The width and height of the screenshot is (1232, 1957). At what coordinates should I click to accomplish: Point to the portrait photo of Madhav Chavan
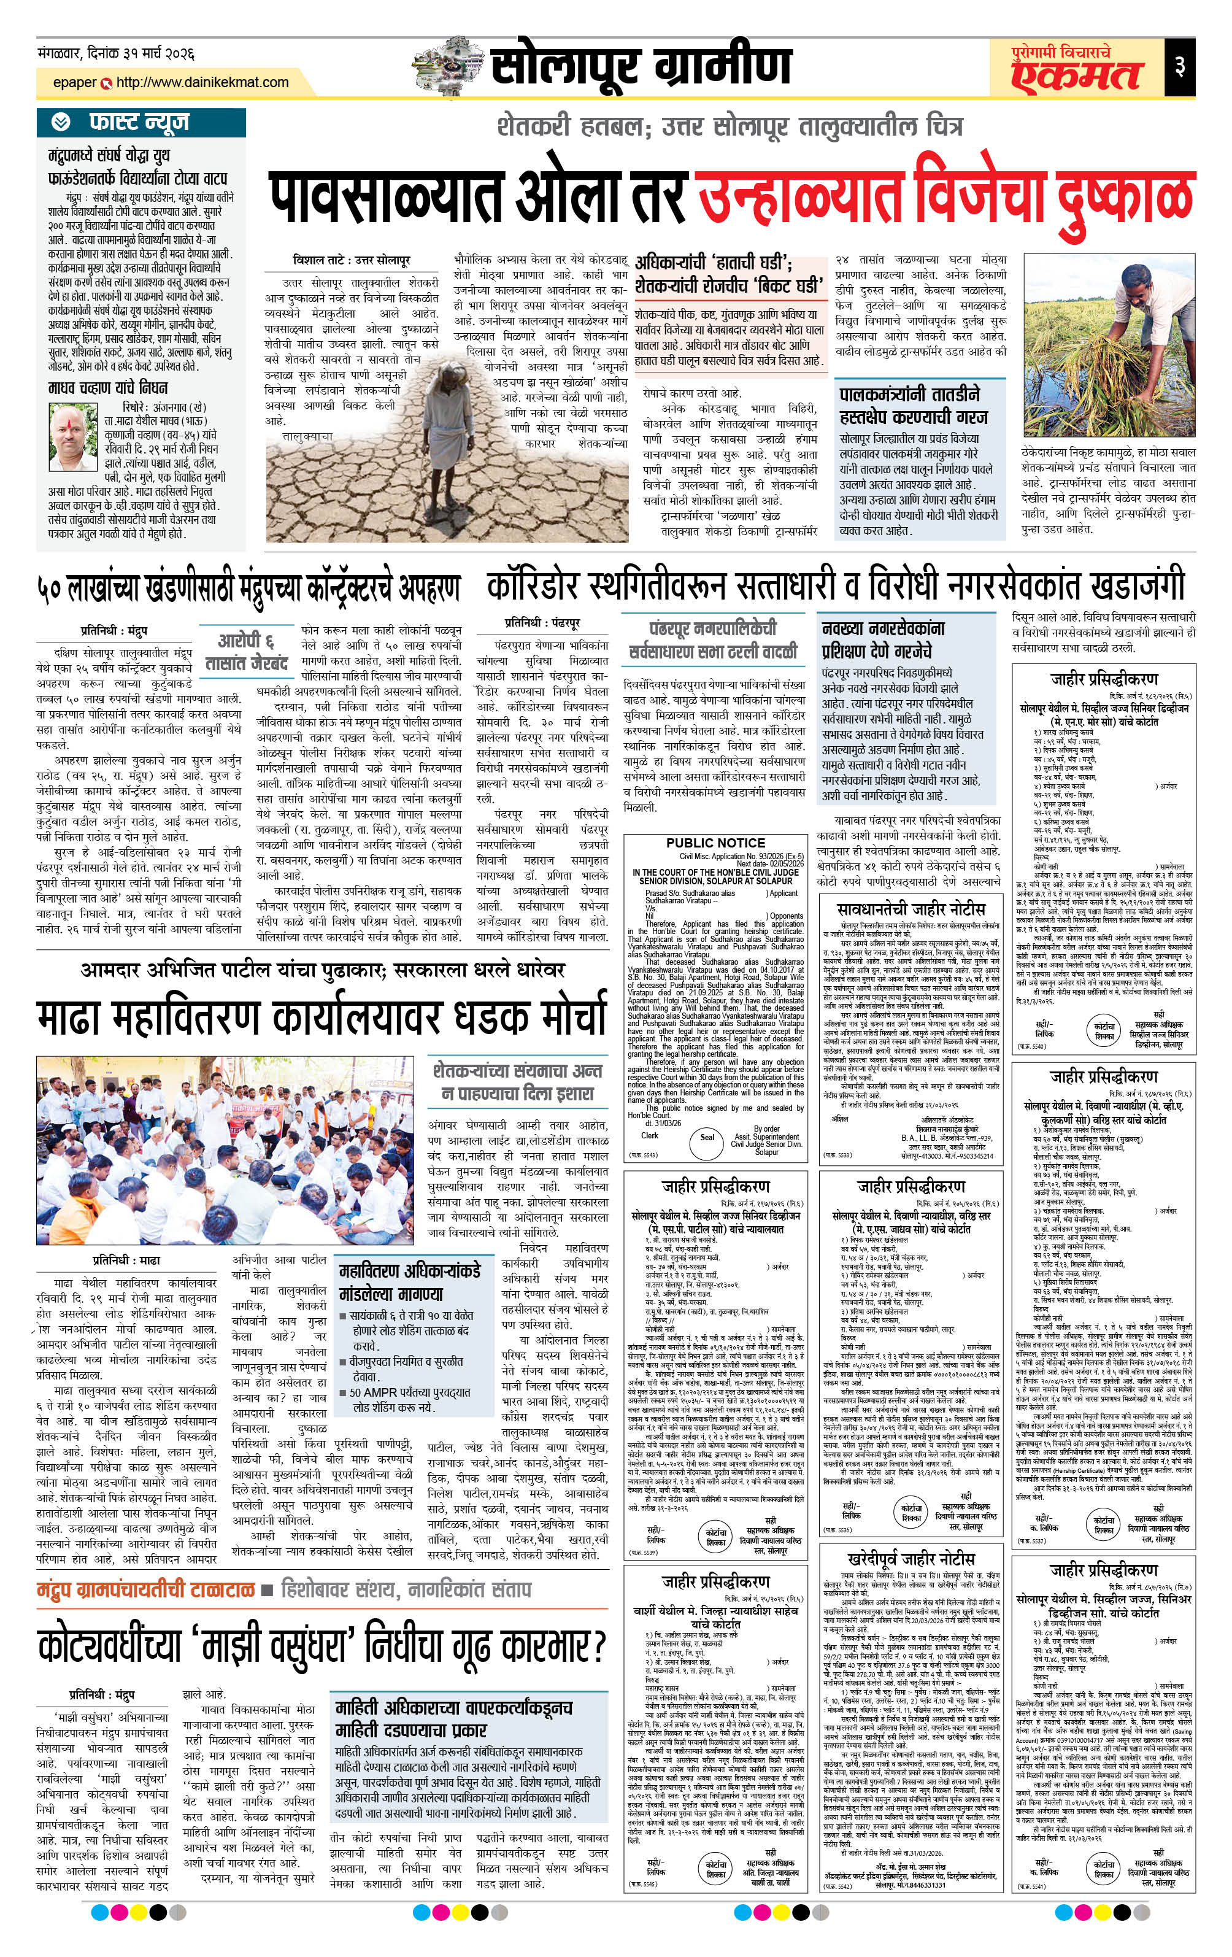72,439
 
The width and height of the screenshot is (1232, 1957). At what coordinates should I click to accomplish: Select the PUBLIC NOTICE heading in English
715,843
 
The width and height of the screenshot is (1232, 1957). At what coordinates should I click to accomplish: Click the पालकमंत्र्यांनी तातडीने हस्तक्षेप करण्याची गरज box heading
914,406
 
